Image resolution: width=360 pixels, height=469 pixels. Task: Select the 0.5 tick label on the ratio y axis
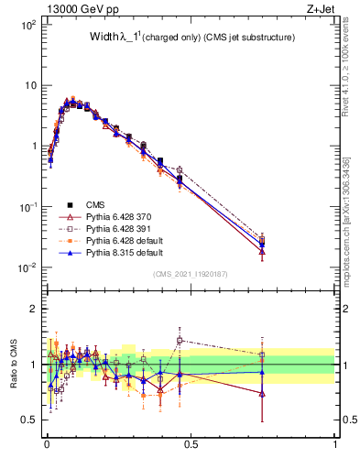click(27, 420)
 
